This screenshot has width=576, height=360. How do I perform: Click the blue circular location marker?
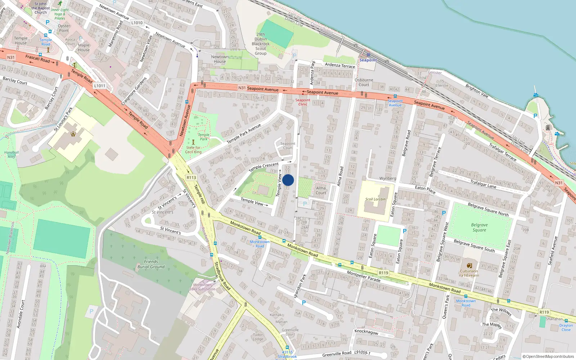[x=288, y=180]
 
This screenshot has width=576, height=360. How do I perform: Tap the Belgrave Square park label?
[x=479, y=228]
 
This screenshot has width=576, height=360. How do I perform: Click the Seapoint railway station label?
[x=368, y=60]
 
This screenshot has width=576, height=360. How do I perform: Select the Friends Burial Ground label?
[x=151, y=264]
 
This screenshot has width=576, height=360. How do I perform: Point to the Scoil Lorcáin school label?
[x=375, y=199]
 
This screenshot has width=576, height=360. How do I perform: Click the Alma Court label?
[x=321, y=190]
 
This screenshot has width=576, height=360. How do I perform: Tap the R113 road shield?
[x=191, y=177]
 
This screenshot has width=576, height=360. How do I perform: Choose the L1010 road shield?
[x=137, y=23]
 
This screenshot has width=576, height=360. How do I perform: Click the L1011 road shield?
[x=100, y=86]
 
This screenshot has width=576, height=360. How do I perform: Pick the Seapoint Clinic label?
[x=303, y=102]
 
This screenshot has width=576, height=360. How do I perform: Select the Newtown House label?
[x=220, y=59]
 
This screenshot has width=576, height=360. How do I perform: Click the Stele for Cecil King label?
[x=193, y=150]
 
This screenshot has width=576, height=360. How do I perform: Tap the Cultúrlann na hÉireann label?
[x=469, y=273]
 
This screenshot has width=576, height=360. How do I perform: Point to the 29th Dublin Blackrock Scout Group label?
[x=261, y=44]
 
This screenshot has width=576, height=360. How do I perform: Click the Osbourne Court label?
[x=364, y=82]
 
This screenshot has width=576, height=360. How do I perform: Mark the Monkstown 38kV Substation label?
[x=202, y=287]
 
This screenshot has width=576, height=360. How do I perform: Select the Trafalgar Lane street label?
[x=483, y=184]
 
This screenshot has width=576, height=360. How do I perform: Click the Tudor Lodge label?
[x=258, y=337]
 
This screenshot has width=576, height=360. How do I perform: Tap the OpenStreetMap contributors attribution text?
[x=548, y=356]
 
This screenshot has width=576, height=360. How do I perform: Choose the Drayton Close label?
[x=566, y=327]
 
